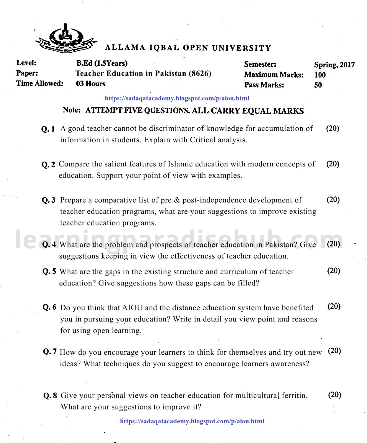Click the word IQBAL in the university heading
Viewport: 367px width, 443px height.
tap(164, 48)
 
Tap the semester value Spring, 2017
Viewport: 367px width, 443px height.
tap(334, 65)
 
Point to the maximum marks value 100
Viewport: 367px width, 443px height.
tap(320, 75)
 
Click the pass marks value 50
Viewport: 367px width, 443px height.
tap(318, 85)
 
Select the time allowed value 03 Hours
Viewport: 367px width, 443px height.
tap(91, 84)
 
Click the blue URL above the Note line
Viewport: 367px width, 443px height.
tap(177, 98)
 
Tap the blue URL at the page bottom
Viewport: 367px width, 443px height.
tap(192, 421)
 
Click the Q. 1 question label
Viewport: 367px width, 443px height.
tap(48, 129)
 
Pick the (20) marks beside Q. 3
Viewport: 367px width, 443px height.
tap(333, 200)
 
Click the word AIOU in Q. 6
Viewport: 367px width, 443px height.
tap(132, 308)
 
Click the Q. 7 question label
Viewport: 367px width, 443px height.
tap(50, 352)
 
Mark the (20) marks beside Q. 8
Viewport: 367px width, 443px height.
tap(335, 395)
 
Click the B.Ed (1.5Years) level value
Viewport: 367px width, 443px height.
tap(102, 63)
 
